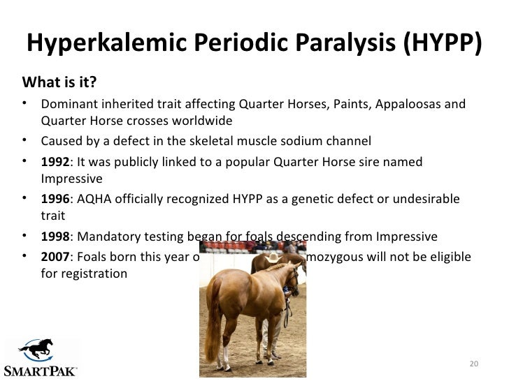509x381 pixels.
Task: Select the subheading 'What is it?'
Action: point(59,84)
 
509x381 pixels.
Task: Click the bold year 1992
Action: point(55,162)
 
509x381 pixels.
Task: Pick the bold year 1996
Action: point(55,199)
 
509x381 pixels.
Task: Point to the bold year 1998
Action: point(55,237)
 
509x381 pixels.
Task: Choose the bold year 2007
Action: point(55,257)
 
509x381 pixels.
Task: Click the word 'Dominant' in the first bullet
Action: point(66,105)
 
